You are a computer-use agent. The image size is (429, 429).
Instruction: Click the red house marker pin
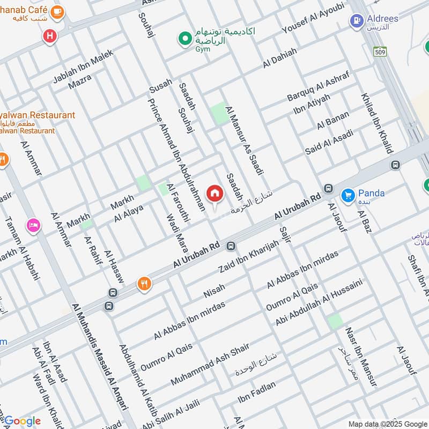pos(214,194)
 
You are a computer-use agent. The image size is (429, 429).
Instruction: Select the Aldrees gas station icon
pos(356,21)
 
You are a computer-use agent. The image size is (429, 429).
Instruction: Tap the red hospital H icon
pos(50,36)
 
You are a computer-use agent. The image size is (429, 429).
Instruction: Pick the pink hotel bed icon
pos(33,226)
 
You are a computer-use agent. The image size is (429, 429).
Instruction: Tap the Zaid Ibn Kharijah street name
pos(249,257)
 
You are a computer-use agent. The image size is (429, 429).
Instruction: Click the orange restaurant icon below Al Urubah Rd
pos(144,283)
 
